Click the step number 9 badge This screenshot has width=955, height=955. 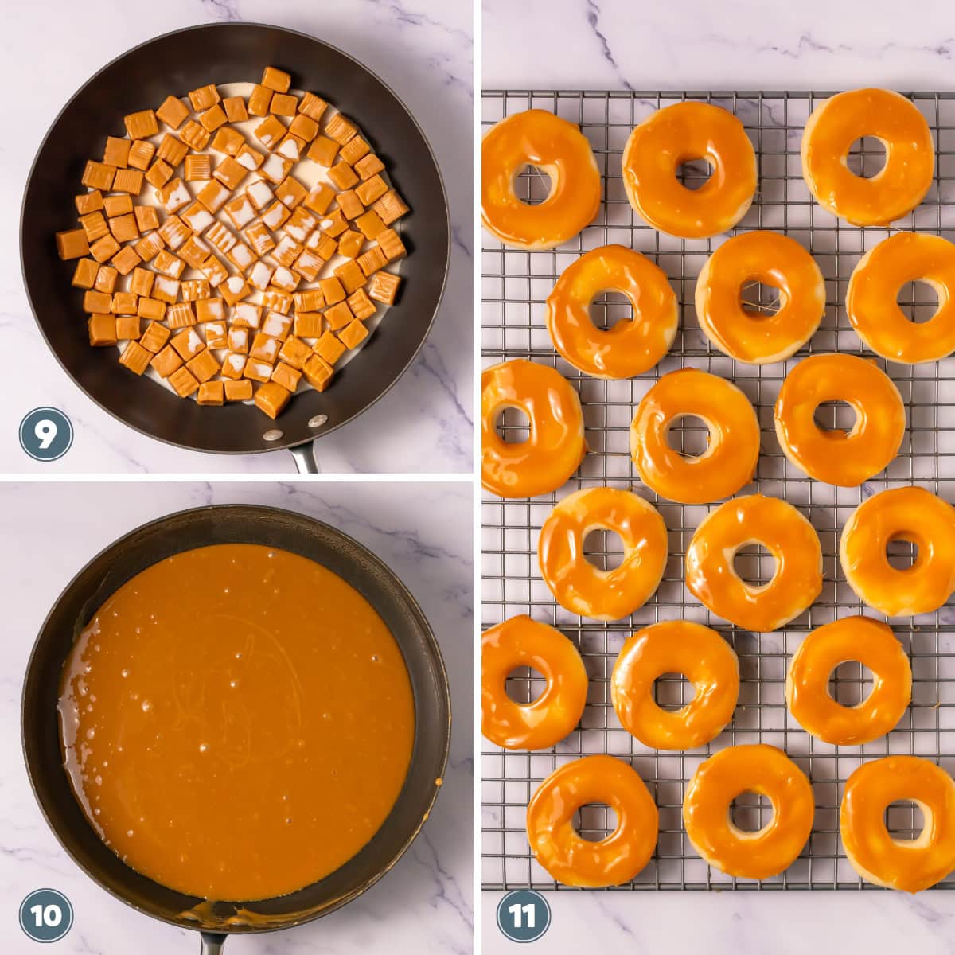click(45, 434)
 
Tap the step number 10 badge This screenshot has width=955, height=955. click(45, 915)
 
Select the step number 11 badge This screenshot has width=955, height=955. click(523, 915)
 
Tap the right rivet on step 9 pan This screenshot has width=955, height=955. click(316, 419)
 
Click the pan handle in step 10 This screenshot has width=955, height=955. click(213, 944)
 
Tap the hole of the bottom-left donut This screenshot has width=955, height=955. click(593, 821)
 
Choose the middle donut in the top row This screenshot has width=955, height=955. click(689, 169)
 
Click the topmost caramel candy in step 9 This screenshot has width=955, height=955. click(275, 80)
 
